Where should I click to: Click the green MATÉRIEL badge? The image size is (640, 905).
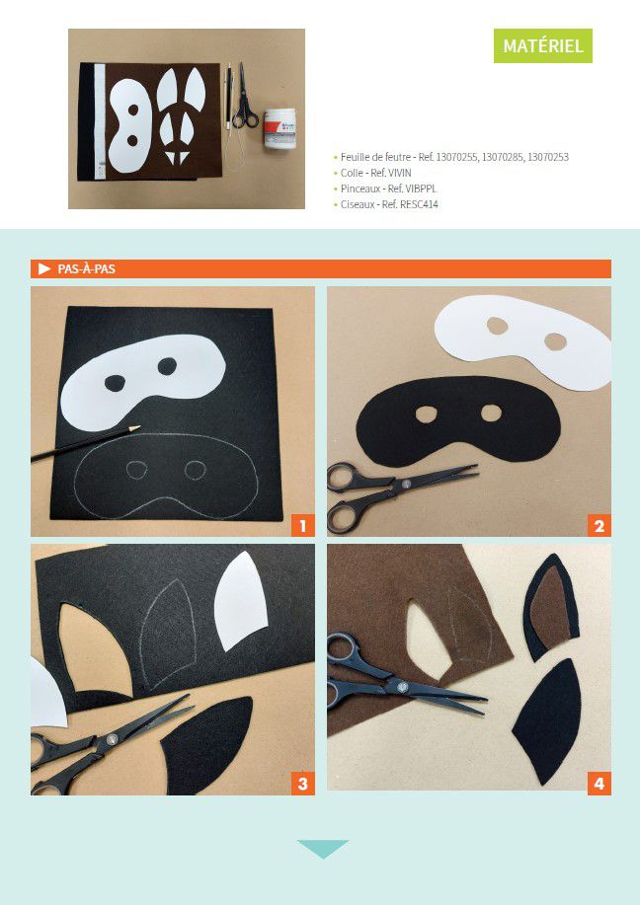coord(542,45)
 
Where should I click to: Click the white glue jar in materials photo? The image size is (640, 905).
coord(280,131)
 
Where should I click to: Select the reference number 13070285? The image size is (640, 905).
coord(503,157)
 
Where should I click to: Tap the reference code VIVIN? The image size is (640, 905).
coord(400,173)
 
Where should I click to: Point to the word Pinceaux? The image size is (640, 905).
coord(360,189)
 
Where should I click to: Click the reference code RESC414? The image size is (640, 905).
coord(419,204)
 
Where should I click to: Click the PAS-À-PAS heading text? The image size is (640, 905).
coord(86,269)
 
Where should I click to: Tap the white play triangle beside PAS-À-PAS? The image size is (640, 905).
coord(44,269)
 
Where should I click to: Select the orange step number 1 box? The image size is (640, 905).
coord(302,526)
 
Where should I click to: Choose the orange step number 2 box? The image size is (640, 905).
coord(599,526)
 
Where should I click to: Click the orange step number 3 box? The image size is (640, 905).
coord(302,784)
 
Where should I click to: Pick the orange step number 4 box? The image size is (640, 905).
coord(599,784)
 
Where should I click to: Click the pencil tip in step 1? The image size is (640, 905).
coord(138,427)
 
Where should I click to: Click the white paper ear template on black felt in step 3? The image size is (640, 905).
coord(240,600)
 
